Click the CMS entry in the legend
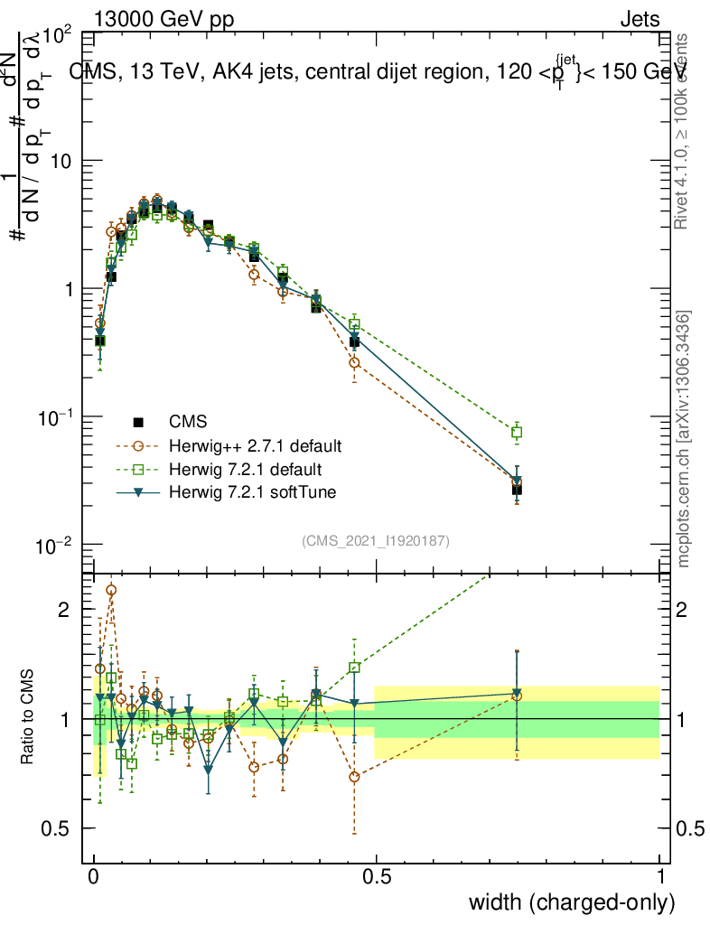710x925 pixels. pyautogui.click(x=188, y=422)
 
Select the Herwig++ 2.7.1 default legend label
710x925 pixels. pyautogui.click(x=256, y=445)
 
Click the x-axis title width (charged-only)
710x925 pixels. pyautogui.click(x=572, y=902)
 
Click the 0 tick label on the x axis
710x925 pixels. pyautogui.click(x=94, y=876)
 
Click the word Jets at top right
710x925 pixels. pyautogui.click(x=640, y=19)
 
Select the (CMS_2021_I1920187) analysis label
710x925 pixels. pyautogui.click(x=376, y=541)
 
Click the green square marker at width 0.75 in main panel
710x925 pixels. pyautogui.click(x=517, y=433)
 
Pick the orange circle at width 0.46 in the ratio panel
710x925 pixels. pyautogui.click(x=355, y=777)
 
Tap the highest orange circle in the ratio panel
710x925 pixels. pyautogui.click(x=111, y=590)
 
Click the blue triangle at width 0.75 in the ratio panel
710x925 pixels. pyautogui.click(x=517, y=694)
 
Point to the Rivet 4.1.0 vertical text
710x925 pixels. pyautogui.click(x=684, y=130)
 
